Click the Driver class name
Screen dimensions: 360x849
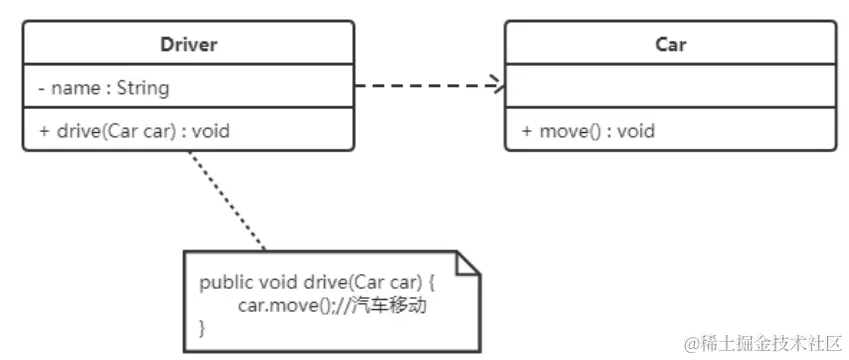click(x=188, y=45)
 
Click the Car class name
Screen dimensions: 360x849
click(x=670, y=45)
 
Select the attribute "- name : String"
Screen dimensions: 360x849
click(x=103, y=88)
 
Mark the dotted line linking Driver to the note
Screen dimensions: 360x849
click(x=228, y=200)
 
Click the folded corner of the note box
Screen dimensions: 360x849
click(x=468, y=262)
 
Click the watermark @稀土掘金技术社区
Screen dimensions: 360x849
click(x=763, y=342)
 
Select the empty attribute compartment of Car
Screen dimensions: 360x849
click(x=670, y=88)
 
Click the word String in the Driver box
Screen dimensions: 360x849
click(x=143, y=88)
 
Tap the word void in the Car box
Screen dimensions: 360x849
click(x=636, y=130)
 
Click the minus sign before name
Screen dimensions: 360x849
click(x=41, y=88)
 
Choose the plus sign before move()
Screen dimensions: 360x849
click(x=526, y=130)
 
